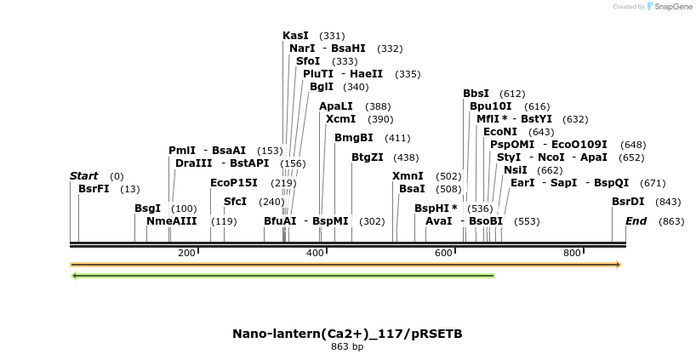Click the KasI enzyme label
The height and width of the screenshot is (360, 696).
[x=295, y=36]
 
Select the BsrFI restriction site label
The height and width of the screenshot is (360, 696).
[x=94, y=189]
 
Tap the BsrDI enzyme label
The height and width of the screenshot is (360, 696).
[x=628, y=202]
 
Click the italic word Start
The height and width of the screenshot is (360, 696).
[x=83, y=176]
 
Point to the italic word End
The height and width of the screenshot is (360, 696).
[x=636, y=221]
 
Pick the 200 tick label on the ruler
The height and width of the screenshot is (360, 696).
[x=186, y=253]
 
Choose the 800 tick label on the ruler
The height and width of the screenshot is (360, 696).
[x=572, y=253]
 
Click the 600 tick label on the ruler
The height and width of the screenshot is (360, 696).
[x=443, y=253]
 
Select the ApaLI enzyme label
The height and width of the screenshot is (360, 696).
[x=335, y=106]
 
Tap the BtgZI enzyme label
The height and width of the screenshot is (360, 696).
[x=367, y=157]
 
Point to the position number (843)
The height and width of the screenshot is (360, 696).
[x=669, y=202]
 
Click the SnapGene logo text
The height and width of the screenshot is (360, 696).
[x=672, y=7]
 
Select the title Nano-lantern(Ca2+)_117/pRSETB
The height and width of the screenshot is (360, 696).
[x=347, y=333]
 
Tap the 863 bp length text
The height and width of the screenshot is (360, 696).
[x=347, y=346]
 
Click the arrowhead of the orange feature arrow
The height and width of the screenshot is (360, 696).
[x=619, y=265]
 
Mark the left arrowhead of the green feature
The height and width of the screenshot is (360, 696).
[x=75, y=276]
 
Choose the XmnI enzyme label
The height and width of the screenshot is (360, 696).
[x=408, y=176]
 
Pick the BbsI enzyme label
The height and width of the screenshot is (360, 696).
[x=476, y=94]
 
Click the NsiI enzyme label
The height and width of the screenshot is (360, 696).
[x=515, y=170]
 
